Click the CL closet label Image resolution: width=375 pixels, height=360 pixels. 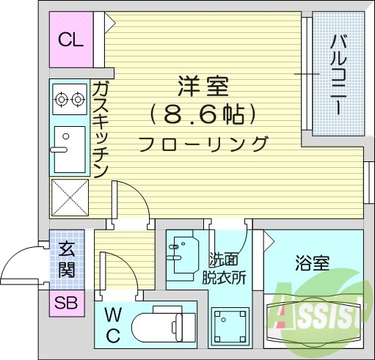pyautogui.click(x=71, y=40)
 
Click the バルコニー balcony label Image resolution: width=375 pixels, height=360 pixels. pyautogui.click(x=338, y=73)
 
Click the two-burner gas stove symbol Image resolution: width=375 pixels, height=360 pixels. pyautogui.click(x=70, y=98)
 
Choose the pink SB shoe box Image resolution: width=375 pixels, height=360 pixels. pyautogui.click(x=67, y=302)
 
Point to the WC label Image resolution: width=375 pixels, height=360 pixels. pyautogui.click(x=113, y=326)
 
